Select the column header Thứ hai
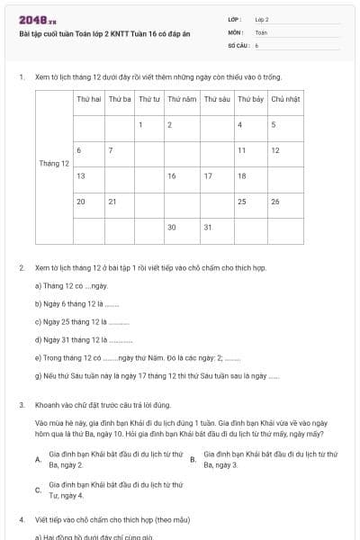click(x=88, y=98)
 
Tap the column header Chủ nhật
click(x=285, y=98)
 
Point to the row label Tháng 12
click(x=54, y=163)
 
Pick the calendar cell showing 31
click(x=208, y=227)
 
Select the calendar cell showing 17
click(x=208, y=175)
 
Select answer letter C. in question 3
click(x=37, y=490)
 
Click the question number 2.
click(x=21, y=267)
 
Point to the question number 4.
click(x=21, y=520)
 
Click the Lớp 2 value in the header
click(x=262, y=18)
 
